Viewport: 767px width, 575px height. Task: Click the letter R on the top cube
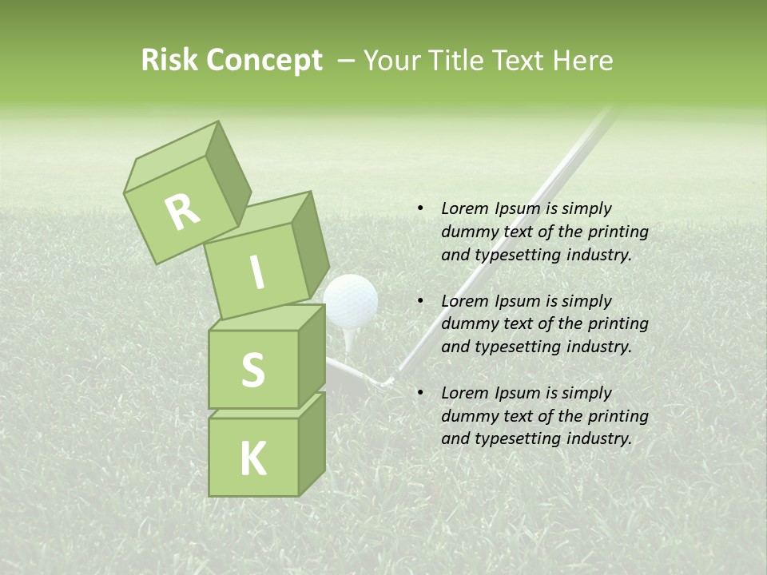(182, 212)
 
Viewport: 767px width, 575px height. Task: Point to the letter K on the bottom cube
(252, 459)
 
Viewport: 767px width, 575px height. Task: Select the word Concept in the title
(265, 61)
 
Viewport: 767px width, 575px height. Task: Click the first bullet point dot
(419, 208)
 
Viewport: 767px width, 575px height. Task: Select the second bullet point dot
(419, 301)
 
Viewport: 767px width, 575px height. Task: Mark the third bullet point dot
(419, 393)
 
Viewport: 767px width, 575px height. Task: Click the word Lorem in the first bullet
(464, 208)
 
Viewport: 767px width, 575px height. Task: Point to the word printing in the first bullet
(618, 232)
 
